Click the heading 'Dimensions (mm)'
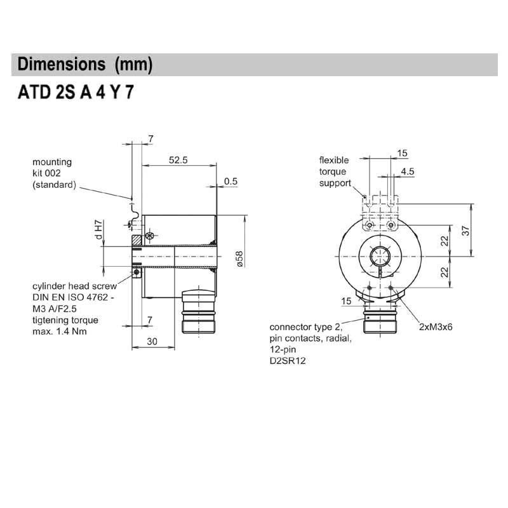point(85,65)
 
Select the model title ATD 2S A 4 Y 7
point(76,93)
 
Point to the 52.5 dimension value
point(178,161)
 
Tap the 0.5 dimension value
point(231,181)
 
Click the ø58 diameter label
point(239,260)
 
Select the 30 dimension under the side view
point(152,341)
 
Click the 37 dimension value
point(466,231)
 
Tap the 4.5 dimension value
point(407,171)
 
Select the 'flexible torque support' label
point(335,171)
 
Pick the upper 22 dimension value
point(445,240)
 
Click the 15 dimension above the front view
point(402,153)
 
